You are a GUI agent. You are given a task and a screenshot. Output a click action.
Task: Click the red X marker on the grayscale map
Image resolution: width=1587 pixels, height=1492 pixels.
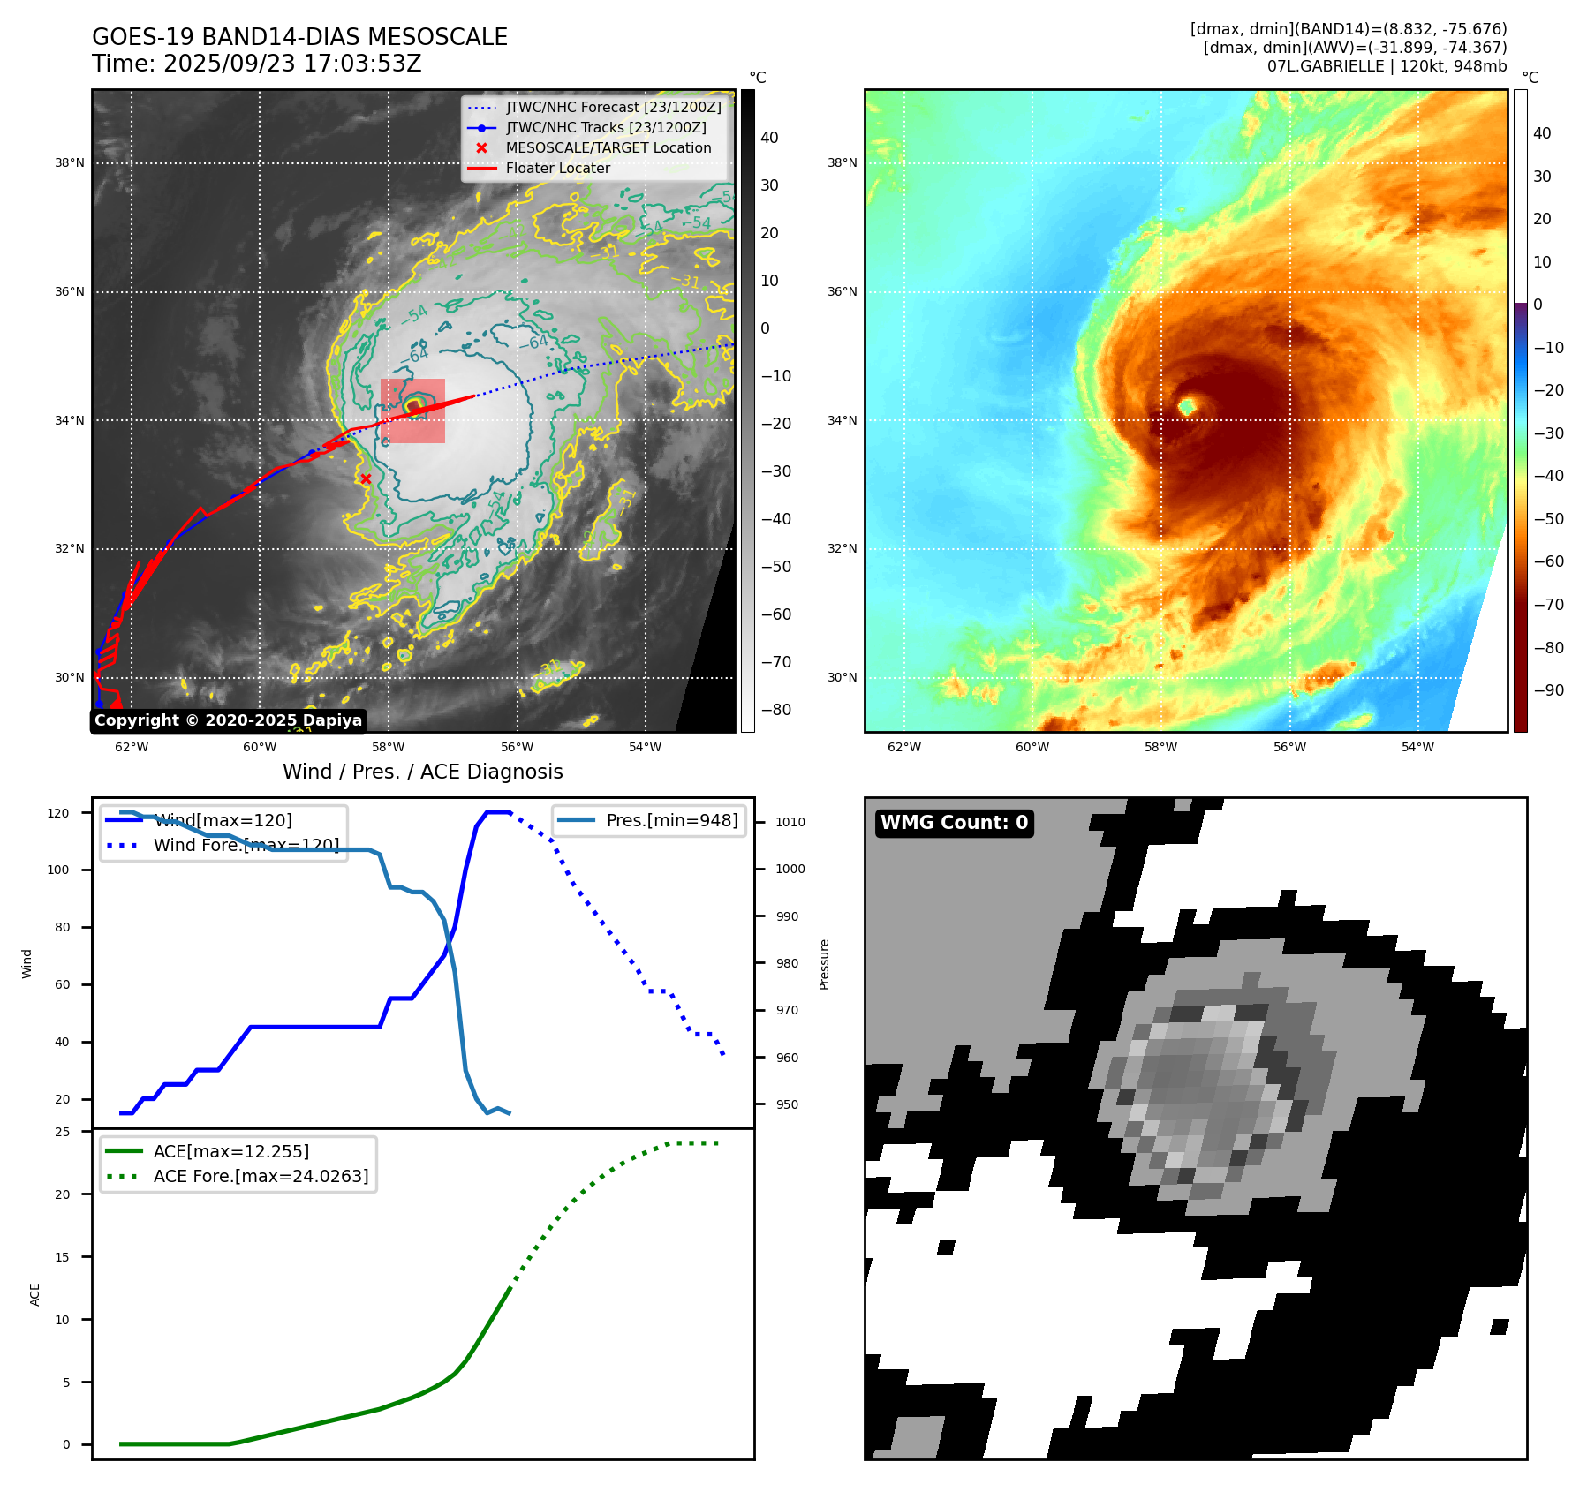point(366,479)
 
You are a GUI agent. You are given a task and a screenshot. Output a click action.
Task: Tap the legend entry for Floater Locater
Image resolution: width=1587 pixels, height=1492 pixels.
point(557,169)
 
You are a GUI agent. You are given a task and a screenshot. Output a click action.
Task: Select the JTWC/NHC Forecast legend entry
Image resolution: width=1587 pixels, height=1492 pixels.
point(613,108)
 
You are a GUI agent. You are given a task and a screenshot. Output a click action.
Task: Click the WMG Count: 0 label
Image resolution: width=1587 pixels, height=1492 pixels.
point(954,823)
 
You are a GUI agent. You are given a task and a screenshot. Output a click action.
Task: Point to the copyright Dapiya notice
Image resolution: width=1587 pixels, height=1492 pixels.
point(228,720)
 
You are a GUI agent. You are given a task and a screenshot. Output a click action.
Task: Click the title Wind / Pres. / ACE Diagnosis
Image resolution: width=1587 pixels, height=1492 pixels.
point(422,772)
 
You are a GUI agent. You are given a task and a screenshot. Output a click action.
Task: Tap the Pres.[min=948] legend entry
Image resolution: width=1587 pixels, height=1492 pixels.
point(671,821)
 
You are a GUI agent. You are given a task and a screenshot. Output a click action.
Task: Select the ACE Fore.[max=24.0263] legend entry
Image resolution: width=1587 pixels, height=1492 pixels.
point(261,1176)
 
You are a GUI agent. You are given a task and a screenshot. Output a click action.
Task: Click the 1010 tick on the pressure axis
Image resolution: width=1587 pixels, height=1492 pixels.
point(790,822)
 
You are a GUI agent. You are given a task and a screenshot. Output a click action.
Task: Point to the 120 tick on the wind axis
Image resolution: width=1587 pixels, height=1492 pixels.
point(58,813)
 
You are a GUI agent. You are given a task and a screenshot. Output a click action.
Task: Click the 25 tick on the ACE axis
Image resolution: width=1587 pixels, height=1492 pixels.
point(63,1132)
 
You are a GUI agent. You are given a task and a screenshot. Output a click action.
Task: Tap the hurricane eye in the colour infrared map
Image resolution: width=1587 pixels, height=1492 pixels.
point(1187,406)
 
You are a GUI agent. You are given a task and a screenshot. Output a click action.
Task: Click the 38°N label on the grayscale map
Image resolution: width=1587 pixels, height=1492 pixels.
point(70,163)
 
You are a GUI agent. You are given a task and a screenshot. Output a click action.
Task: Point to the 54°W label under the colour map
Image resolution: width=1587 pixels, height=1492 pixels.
point(1417,747)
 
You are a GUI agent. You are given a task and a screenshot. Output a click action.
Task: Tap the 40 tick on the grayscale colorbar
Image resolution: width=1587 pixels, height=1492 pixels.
point(769,138)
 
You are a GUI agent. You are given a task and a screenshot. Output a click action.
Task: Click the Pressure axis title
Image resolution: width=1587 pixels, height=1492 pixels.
point(825,964)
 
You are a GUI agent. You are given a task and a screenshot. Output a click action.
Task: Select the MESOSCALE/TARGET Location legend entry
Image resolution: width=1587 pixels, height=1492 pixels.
point(608,148)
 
